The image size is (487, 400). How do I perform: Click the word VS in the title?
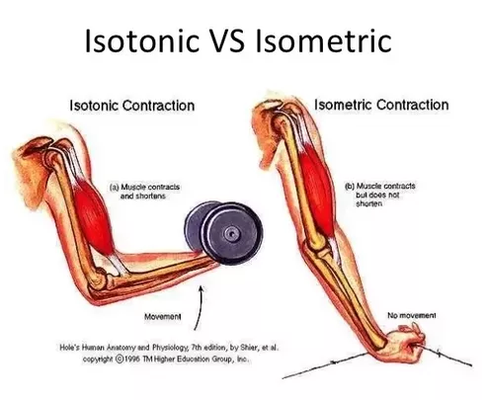(x=226, y=40)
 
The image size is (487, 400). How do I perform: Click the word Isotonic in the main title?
(x=142, y=40)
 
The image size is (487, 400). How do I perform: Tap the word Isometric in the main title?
(x=323, y=40)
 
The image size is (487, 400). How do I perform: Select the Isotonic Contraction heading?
(x=132, y=106)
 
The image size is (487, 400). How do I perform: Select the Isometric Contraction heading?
(x=381, y=105)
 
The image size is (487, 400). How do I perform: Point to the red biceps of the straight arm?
(x=316, y=191)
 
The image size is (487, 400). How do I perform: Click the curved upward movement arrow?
(x=200, y=307)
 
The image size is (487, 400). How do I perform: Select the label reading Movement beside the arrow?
(x=163, y=317)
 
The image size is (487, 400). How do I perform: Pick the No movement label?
(x=412, y=315)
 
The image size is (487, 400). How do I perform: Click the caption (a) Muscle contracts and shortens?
(x=144, y=192)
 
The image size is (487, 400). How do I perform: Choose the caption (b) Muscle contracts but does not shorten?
(x=380, y=195)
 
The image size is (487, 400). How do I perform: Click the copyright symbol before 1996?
(x=120, y=359)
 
